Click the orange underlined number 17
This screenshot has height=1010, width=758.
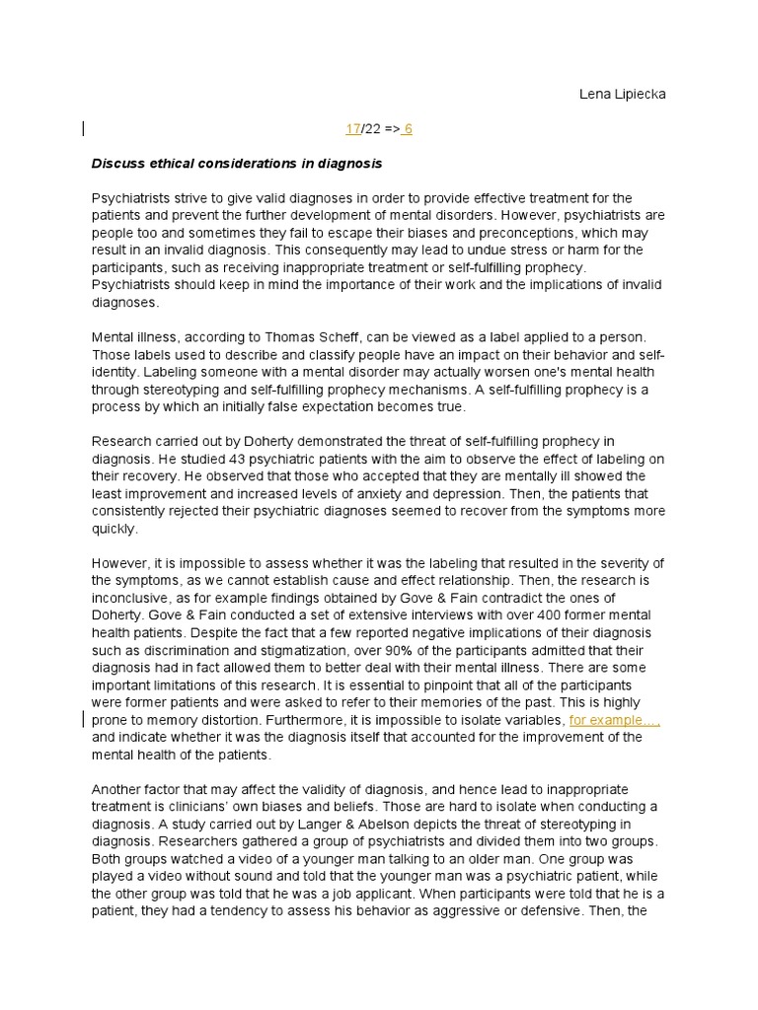click(352, 129)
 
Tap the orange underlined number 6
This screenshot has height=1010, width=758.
click(408, 129)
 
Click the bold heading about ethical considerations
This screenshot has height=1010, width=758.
click(237, 163)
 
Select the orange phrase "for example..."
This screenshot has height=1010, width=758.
click(614, 720)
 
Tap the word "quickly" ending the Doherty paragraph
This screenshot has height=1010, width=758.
click(113, 528)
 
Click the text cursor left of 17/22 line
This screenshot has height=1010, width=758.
click(83, 128)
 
